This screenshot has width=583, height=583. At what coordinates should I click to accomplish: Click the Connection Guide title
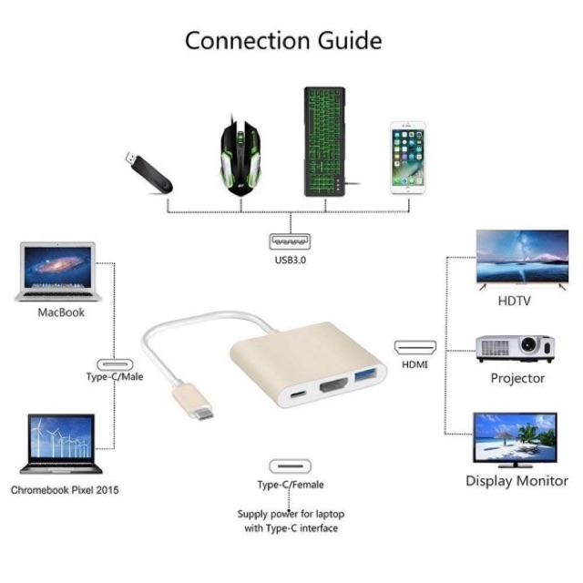283,40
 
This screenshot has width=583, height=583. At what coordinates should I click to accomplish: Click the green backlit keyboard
324,142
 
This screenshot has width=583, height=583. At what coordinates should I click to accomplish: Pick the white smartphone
408,158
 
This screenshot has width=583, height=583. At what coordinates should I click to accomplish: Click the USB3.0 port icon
289,242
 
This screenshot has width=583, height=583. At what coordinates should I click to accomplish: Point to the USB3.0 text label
289,262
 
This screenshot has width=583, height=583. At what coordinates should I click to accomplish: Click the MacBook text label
61,312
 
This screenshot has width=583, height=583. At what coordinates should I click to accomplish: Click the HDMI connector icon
414,347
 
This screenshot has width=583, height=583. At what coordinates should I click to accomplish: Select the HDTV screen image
522,258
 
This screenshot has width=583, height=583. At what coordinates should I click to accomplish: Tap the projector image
516,347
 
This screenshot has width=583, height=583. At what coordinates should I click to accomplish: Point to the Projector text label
517,377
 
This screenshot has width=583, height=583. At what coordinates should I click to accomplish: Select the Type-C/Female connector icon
290,465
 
